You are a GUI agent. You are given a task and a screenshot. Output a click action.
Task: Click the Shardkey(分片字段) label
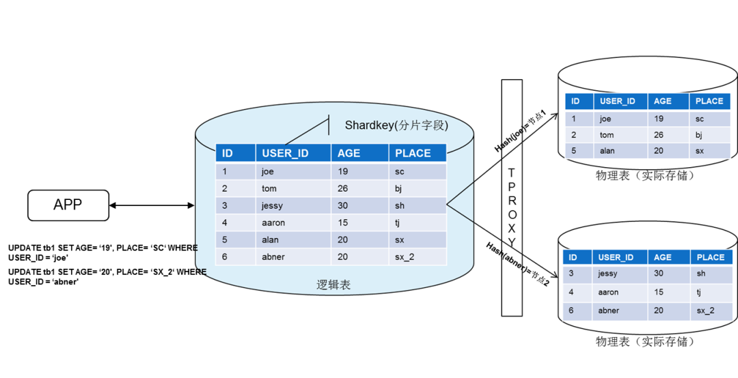click(x=396, y=125)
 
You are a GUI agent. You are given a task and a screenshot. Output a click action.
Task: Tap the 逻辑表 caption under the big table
click(x=333, y=285)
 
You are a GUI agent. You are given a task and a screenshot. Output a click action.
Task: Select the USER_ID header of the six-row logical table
click(x=285, y=154)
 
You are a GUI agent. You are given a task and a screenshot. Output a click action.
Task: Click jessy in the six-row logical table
click(x=272, y=205)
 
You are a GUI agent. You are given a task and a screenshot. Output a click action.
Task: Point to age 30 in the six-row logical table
click(x=343, y=205)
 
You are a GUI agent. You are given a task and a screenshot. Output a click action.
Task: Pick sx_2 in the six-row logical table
click(x=405, y=257)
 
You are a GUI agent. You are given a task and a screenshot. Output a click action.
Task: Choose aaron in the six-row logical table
click(x=273, y=222)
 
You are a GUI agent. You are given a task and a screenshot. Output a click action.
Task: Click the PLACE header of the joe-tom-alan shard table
click(x=709, y=101)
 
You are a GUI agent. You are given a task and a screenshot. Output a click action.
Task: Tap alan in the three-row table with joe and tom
click(x=607, y=151)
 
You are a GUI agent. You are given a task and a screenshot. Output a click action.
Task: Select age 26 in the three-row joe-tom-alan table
click(x=659, y=134)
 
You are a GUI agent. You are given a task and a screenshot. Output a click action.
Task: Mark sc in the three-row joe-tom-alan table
click(x=700, y=119)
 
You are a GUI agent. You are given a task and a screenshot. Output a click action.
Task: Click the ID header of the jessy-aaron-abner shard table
click(x=573, y=257)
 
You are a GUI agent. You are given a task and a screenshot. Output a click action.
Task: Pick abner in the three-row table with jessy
click(x=609, y=310)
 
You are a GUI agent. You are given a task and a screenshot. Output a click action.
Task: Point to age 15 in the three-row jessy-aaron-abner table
click(x=659, y=292)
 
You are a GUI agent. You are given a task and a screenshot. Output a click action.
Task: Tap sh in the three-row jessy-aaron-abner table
click(x=701, y=274)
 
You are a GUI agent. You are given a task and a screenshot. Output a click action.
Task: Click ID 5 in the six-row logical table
click(x=225, y=240)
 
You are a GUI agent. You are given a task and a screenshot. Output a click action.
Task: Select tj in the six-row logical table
click(x=398, y=222)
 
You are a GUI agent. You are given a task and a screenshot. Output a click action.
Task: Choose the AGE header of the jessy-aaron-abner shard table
click(x=662, y=257)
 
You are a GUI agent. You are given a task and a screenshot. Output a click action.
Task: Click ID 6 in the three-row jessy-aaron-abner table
click(x=572, y=310)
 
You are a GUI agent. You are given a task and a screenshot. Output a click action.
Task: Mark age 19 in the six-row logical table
click(x=343, y=171)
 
